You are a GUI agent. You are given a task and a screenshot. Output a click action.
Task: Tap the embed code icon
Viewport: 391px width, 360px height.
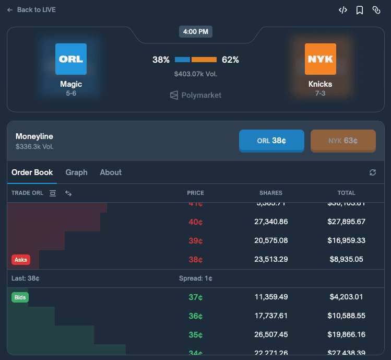tap(343, 10)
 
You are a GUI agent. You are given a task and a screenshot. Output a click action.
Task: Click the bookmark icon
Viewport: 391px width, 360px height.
tap(360, 10)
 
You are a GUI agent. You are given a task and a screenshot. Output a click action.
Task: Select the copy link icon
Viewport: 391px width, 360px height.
tap(376, 10)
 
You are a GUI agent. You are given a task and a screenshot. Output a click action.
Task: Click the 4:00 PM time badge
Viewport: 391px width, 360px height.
tap(196, 32)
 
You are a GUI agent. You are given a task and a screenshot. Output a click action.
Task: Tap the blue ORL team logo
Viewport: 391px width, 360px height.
tap(71, 59)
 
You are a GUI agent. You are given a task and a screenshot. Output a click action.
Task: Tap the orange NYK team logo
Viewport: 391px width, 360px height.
tap(320, 59)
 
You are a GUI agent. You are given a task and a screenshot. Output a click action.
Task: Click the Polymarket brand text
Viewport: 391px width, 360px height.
tap(201, 95)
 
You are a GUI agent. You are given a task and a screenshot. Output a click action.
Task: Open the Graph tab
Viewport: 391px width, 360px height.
tap(76, 172)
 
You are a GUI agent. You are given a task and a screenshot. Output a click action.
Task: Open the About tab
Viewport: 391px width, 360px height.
tap(111, 172)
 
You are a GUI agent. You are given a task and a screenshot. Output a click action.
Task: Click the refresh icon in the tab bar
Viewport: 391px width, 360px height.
tap(373, 172)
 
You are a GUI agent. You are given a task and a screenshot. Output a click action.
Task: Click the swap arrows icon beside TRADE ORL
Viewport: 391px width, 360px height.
tap(68, 193)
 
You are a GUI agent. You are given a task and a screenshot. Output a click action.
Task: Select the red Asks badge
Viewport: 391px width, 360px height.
tap(21, 259)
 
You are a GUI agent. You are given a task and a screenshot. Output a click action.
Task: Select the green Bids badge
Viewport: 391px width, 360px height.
tap(20, 297)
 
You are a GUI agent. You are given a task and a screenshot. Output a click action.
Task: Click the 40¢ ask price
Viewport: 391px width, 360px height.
tap(196, 222)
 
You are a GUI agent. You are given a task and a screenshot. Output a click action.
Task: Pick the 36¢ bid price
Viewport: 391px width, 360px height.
tap(196, 316)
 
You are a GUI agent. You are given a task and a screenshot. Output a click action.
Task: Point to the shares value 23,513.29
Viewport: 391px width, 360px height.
tap(271, 259)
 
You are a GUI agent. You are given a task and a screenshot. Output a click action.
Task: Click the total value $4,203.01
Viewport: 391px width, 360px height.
tap(347, 297)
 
